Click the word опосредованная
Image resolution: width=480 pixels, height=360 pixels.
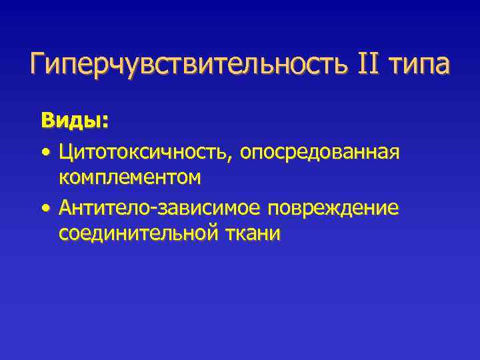[x=319, y=153]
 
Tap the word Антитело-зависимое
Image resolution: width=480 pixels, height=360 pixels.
[x=160, y=209]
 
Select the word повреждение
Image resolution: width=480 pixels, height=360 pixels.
[x=333, y=209]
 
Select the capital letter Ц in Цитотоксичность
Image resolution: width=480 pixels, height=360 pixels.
[x=65, y=153]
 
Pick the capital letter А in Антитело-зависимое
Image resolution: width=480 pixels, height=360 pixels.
[x=65, y=209]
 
